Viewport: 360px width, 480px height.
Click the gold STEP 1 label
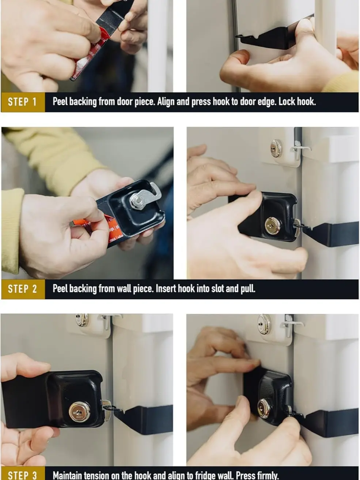coord(23,102)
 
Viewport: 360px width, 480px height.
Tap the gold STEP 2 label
coord(23,289)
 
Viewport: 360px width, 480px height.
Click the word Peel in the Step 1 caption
coord(60,102)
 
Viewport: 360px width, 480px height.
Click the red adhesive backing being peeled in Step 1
coord(92,53)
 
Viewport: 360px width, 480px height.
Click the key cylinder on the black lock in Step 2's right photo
coord(273,226)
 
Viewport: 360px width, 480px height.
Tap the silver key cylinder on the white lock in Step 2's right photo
coord(276,148)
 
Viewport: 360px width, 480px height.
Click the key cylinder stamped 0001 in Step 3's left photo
coord(80,412)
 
